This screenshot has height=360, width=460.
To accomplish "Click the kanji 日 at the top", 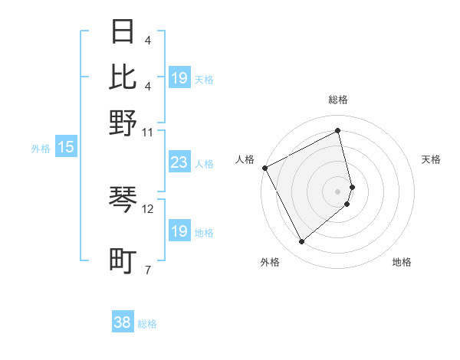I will (x=123, y=33).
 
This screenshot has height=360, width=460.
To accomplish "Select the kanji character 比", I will (x=123, y=77).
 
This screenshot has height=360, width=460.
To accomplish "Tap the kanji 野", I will (x=123, y=123).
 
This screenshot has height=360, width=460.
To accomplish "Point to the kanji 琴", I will (x=123, y=200).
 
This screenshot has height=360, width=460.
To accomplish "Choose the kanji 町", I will (x=123, y=260).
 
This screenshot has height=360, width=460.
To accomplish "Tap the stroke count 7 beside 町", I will (x=147, y=269).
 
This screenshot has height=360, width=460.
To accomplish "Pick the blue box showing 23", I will (x=179, y=162).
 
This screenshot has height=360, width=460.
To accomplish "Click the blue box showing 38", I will (x=123, y=322).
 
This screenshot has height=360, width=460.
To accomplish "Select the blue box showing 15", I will (x=66, y=148).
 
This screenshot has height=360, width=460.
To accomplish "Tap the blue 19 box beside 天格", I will (x=179, y=78).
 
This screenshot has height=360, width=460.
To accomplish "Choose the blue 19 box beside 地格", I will (x=179, y=231).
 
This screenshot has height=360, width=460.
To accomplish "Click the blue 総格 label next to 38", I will (x=147, y=324).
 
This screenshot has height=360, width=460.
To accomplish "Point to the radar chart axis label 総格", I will (x=338, y=100).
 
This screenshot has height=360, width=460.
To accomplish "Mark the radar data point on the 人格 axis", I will (x=264, y=168).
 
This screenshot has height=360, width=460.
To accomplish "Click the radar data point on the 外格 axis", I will (x=301, y=242).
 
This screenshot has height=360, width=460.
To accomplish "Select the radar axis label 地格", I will (x=402, y=262).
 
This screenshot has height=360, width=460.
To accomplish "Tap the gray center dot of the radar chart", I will (x=338, y=191).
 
